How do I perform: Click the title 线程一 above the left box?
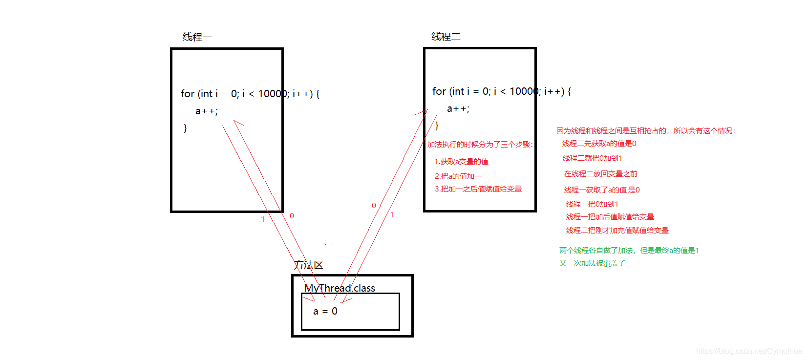point(197,37)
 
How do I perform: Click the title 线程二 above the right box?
point(446,37)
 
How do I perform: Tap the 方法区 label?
point(309,265)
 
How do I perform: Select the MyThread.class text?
point(340,288)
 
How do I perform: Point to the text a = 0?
point(325,311)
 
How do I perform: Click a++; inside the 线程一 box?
point(207,111)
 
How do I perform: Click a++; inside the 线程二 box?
point(458,109)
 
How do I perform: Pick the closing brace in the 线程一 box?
point(185,128)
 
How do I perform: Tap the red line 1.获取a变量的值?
point(462,162)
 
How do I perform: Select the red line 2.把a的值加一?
point(458,176)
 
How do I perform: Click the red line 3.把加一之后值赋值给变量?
point(478,189)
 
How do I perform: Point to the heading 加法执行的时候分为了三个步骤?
point(480,145)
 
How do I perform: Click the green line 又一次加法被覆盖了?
point(592,263)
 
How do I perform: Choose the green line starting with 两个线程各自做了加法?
point(629,251)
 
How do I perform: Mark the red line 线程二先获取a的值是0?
point(599,144)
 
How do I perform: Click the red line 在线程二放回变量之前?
point(600,174)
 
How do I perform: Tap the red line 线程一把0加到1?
point(592,204)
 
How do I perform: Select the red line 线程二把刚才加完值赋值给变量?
point(617,231)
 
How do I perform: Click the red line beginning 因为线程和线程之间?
point(645,131)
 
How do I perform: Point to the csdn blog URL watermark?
point(748,351)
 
